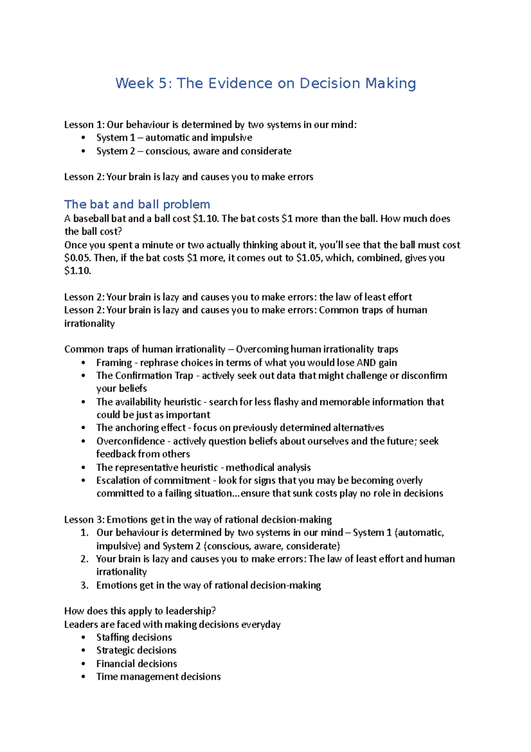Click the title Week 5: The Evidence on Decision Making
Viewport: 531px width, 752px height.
(265, 83)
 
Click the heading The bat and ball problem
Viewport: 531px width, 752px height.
(137, 204)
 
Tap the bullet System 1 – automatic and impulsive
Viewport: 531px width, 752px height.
(174, 138)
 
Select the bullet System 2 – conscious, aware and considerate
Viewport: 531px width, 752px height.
(194, 151)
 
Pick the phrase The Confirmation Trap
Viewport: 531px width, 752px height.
(145, 376)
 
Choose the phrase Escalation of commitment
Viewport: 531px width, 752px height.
(153, 481)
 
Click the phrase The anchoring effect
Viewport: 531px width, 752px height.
(141, 428)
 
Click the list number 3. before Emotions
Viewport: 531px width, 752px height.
(85, 585)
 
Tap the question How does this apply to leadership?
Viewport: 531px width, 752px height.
(140, 611)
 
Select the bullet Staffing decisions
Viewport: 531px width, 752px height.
(134, 637)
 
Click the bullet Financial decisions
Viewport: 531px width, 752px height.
(137, 664)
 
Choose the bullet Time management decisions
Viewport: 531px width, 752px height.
(158, 677)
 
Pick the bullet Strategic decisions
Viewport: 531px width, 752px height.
(136, 650)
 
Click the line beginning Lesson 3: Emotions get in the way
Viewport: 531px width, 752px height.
(198, 519)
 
